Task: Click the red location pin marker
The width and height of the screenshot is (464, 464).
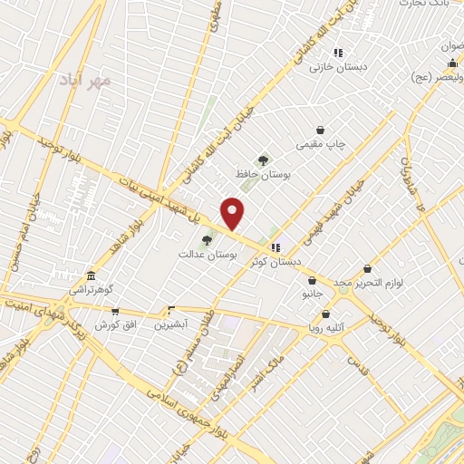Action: click(234, 213)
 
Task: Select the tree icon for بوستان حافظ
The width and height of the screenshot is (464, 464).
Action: click(263, 159)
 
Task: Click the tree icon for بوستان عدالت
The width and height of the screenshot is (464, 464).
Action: click(208, 240)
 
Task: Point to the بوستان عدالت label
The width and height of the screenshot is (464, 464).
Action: click(208, 256)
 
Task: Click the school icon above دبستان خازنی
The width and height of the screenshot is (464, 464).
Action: click(337, 53)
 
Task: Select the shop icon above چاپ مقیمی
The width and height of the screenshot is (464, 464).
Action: click(320, 130)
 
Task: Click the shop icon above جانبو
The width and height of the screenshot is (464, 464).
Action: click(312, 281)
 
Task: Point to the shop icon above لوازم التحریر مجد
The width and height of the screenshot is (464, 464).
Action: click(367, 268)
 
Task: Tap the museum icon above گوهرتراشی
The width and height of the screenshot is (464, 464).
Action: click(90, 275)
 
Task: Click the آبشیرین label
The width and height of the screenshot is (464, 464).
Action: click(169, 324)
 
